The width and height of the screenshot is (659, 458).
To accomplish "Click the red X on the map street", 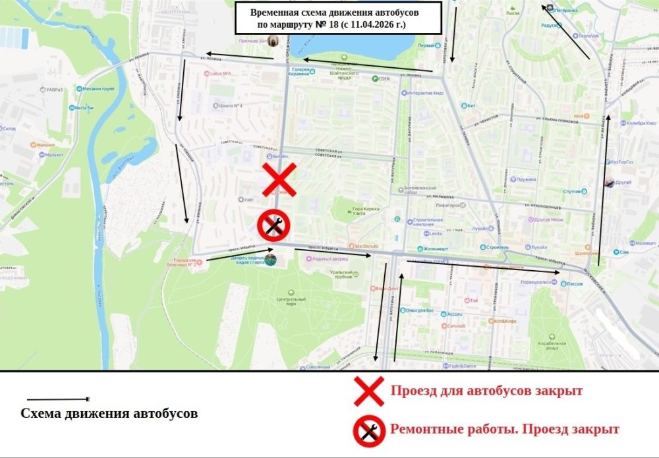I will [279, 180].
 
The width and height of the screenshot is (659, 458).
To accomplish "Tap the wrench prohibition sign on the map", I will [271, 225].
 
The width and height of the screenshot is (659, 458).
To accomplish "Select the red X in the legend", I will [369, 391].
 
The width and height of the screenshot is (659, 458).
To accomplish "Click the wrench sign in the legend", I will [369, 429].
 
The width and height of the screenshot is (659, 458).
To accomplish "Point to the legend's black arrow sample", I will [58, 399].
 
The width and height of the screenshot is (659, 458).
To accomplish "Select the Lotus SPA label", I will [219, 74].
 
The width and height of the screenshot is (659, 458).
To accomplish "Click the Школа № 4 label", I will [231, 105].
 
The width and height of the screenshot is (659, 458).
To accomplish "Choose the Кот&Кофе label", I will [504, 321].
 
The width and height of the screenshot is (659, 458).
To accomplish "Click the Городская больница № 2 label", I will [186, 263].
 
